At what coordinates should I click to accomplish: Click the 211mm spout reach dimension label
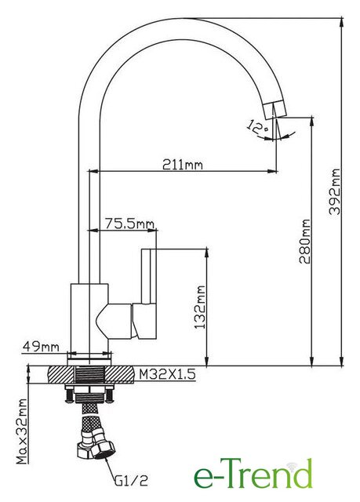point(183,165)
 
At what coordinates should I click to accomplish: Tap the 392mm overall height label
point(335,191)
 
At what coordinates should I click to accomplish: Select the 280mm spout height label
point(305,241)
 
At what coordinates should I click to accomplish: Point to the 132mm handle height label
point(200,307)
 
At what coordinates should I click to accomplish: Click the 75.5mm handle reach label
point(129,224)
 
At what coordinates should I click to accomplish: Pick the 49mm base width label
point(41,346)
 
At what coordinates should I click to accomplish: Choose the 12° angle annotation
point(258,127)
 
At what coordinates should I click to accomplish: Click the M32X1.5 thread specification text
point(167,374)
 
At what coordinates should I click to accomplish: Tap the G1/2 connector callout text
point(131,480)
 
